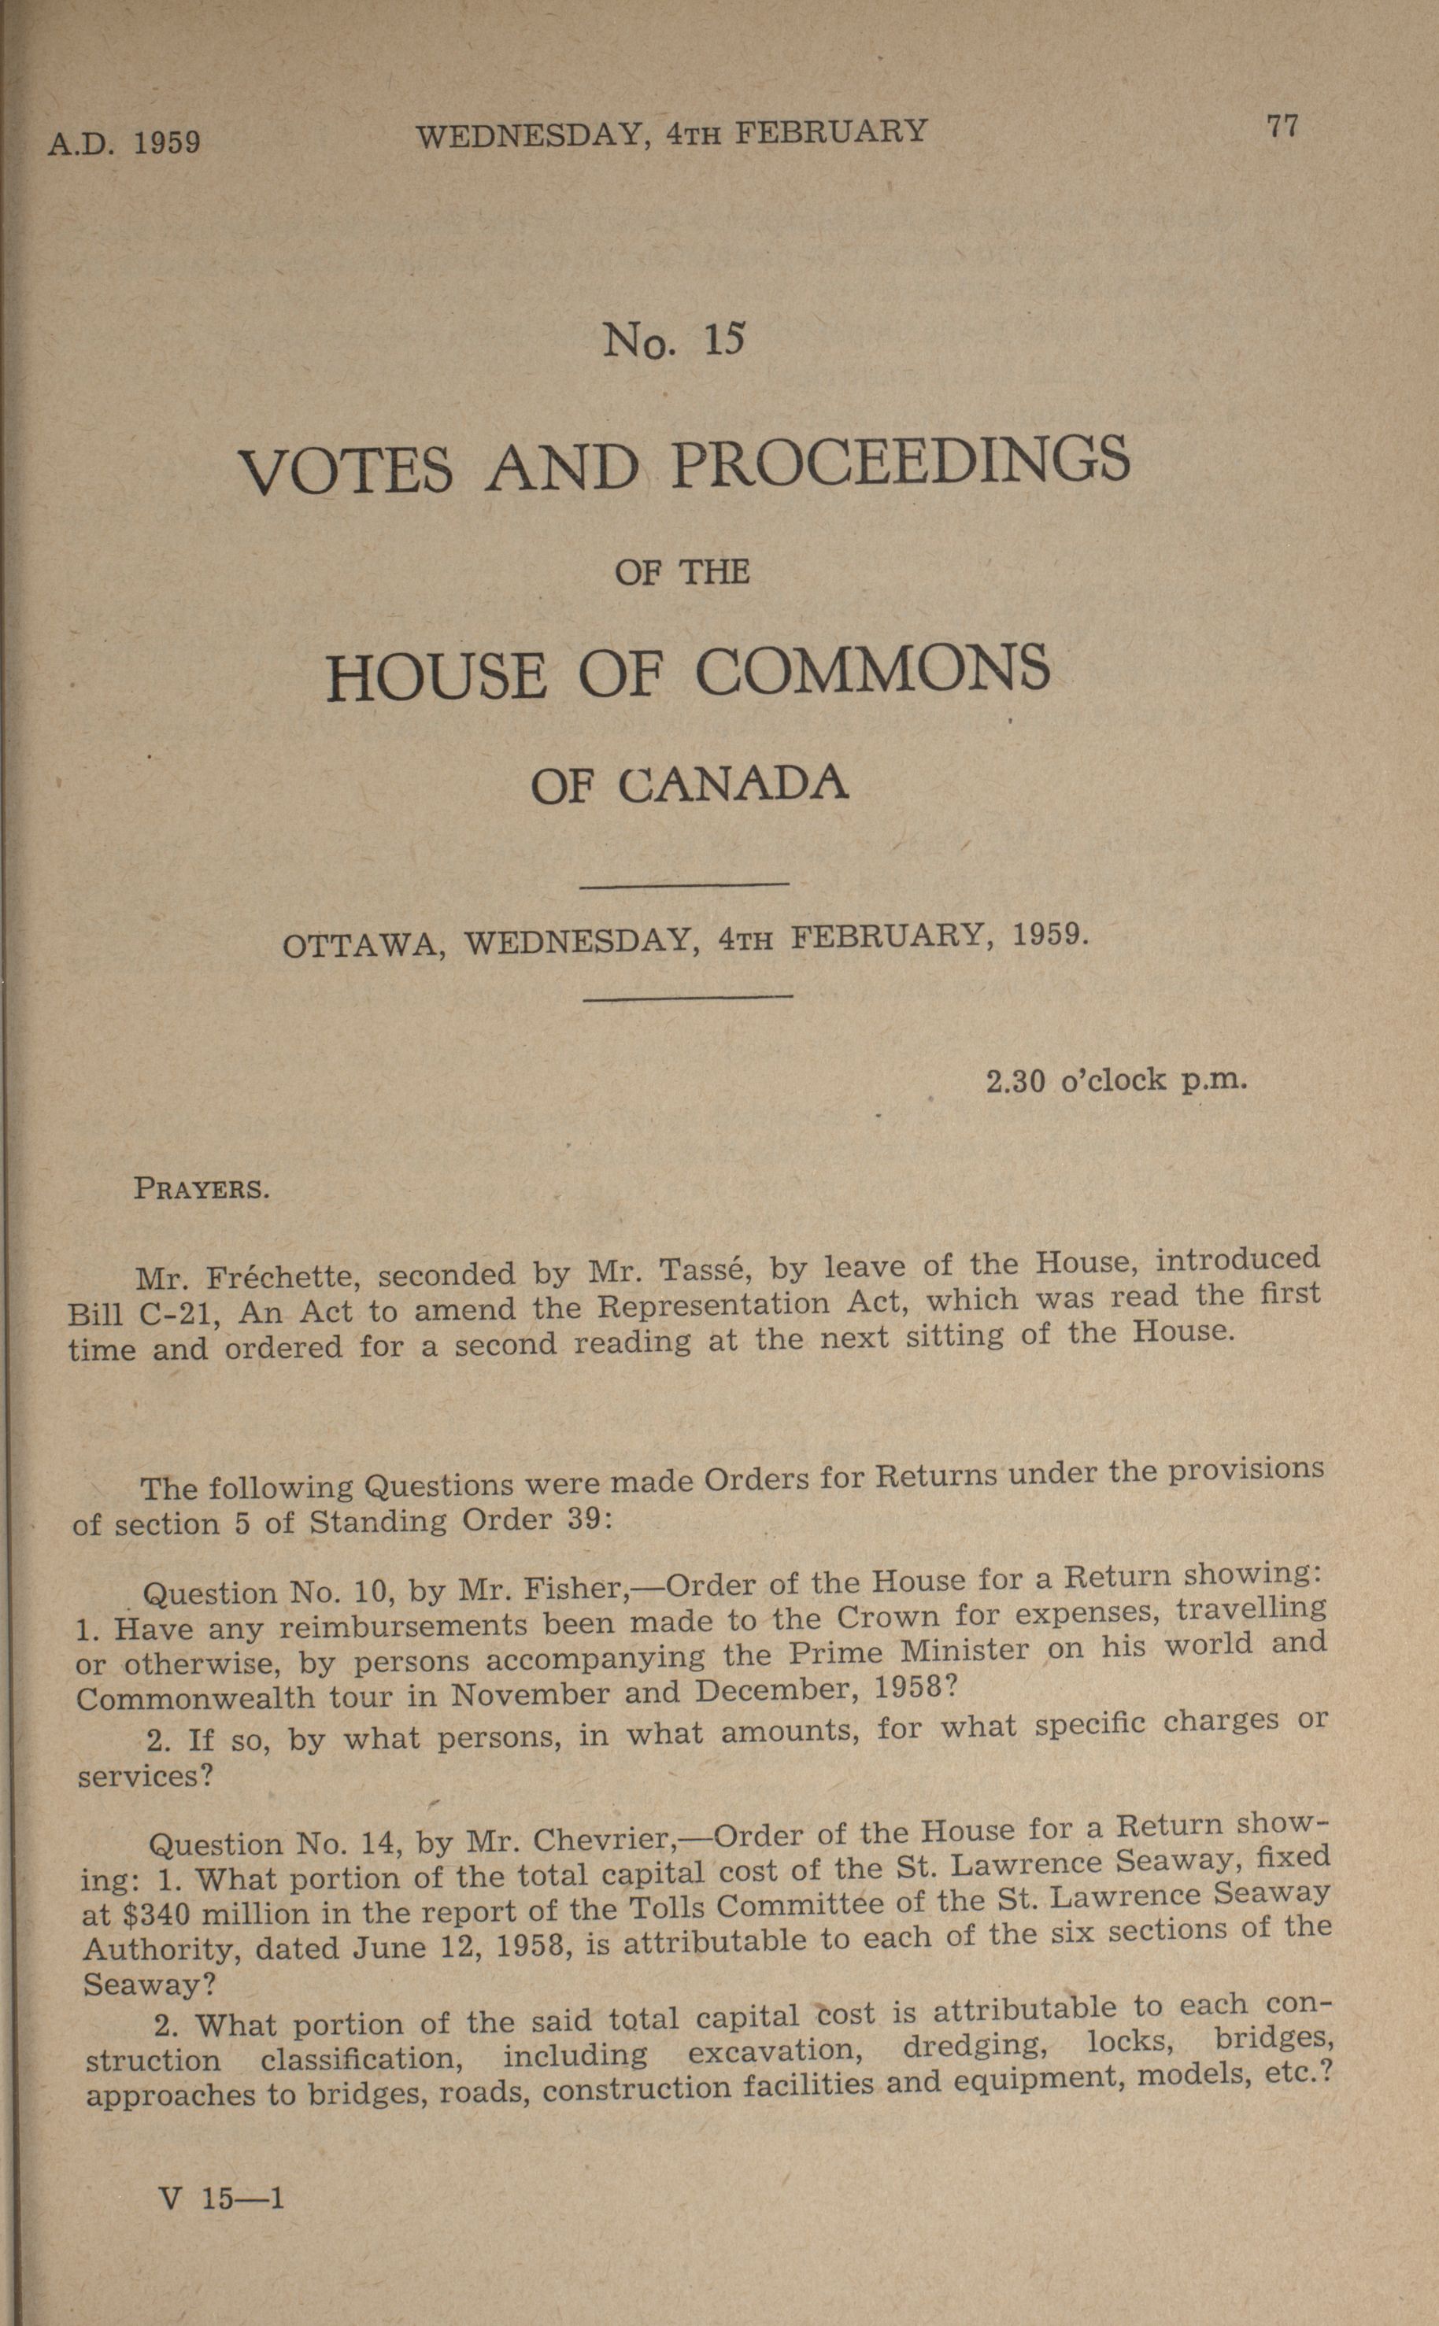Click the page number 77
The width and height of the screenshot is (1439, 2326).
click(1282, 127)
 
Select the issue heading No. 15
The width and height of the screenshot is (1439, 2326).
click(672, 340)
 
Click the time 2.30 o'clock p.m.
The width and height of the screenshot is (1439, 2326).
click(1115, 1080)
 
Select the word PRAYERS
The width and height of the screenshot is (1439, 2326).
click(202, 1189)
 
